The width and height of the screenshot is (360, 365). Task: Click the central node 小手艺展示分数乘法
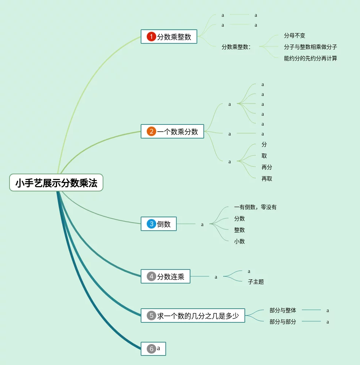(x=56, y=183)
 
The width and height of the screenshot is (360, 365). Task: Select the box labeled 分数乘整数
(x=169, y=37)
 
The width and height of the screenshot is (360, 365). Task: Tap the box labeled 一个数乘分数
(x=172, y=132)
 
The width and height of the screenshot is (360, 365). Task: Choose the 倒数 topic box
(x=159, y=224)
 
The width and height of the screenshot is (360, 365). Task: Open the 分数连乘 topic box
(x=165, y=277)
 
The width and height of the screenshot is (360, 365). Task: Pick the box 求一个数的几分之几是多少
(x=193, y=316)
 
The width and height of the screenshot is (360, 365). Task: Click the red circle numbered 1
(x=151, y=37)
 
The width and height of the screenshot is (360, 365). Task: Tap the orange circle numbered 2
(x=151, y=132)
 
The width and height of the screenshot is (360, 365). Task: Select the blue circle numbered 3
(x=151, y=224)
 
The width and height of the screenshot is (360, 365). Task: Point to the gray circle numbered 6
(x=151, y=349)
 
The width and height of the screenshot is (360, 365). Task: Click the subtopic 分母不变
(x=295, y=36)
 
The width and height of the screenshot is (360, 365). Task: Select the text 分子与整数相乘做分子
(x=310, y=47)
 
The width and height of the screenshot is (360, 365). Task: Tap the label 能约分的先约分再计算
(x=310, y=59)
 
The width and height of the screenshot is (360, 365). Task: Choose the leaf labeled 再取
(x=267, y=179)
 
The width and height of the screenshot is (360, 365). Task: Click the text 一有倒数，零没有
(x=255, y=207)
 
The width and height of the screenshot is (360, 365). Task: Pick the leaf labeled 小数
(x=239, y=242)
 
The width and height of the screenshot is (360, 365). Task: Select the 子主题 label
(x=256, y=282)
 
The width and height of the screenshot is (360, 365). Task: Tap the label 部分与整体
(x=283, y=311)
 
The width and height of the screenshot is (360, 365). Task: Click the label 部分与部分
(x=283, y=322)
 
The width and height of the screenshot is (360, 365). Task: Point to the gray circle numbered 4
(x=151, y=277)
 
